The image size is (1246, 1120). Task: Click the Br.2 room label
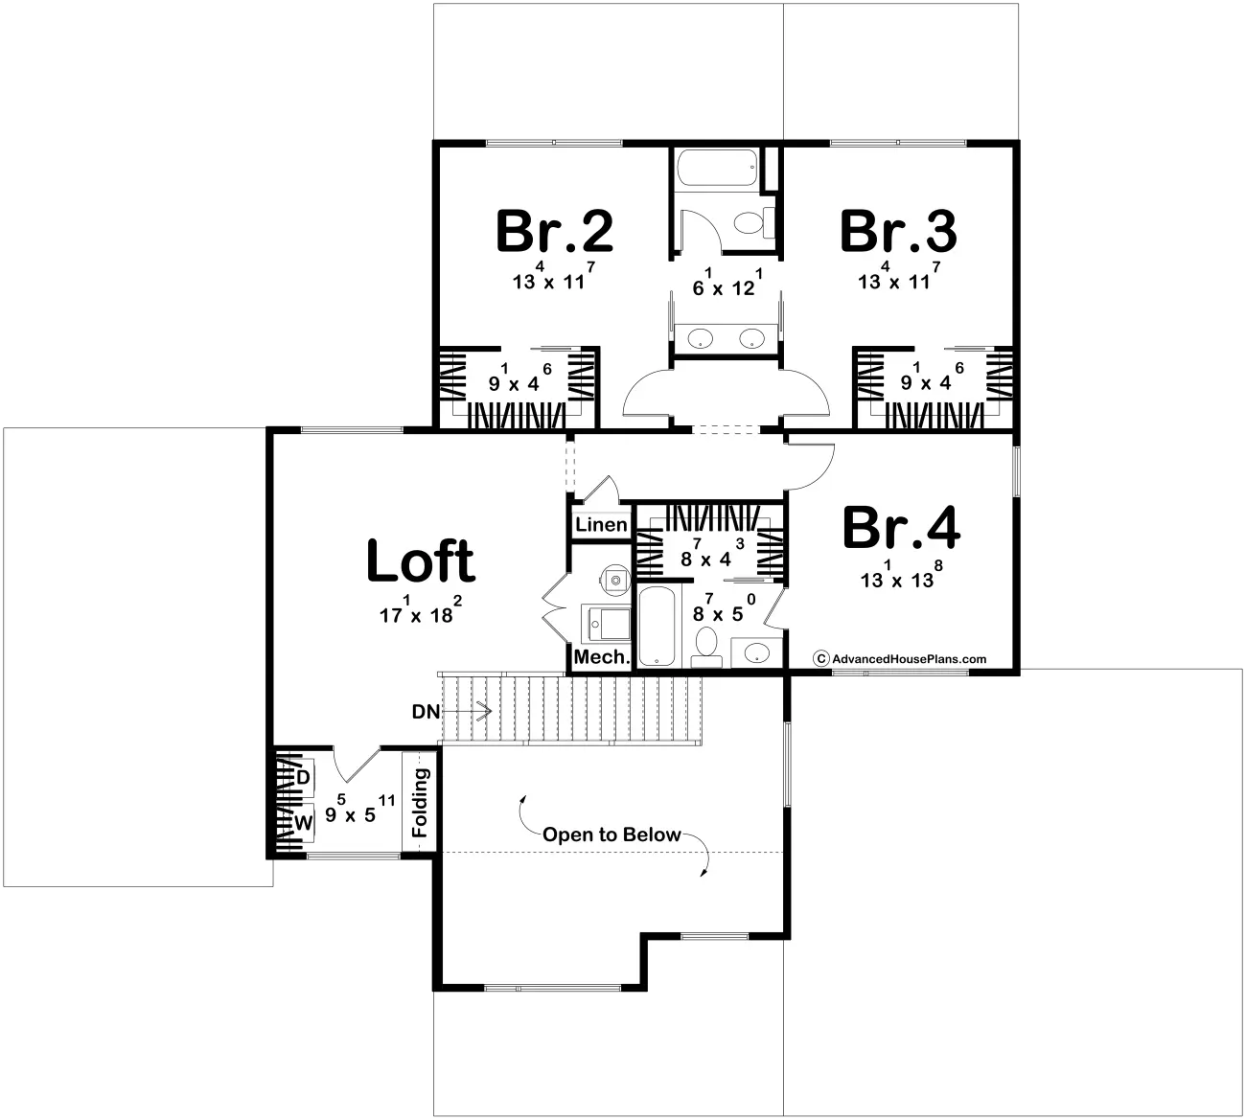tap(554, 231)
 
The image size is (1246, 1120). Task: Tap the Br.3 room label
tap(898, 231)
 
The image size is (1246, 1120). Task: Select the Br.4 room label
tap(900, 529)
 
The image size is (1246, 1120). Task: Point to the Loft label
tap(421, 562)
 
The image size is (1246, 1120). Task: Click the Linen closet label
tap(601, 525)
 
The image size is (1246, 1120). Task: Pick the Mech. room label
tap(602, 657)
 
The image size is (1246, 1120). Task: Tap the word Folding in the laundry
tap(420, 802)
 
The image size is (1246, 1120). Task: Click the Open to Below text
tap(611, 834)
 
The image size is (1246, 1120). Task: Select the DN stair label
tap(426, 712)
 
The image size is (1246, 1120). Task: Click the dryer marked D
tap(302, 777)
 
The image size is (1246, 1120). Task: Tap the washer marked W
tap(303, 822)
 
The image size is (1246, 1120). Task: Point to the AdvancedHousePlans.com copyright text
tap(908, 658)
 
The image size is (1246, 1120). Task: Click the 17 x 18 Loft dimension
tap(422, 613)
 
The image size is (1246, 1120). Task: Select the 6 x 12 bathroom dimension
tap(724, 286)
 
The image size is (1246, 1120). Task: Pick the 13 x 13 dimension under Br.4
tap(898, 578)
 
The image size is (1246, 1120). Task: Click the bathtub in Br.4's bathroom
tap(658, 627)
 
